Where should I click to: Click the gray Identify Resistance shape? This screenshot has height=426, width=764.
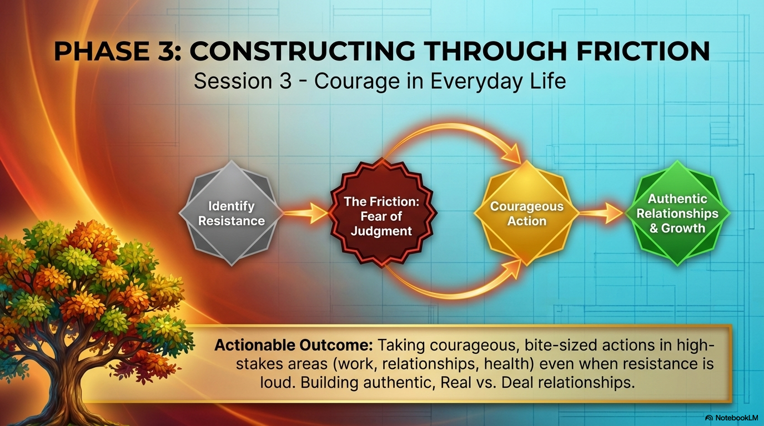pos(231,213)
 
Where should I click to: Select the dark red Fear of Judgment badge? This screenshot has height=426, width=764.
pos(382,213)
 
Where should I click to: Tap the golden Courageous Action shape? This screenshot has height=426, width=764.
pos(527,213)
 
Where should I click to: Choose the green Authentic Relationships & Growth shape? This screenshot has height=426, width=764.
pos(678,213)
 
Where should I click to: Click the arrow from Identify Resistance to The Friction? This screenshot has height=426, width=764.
pos(306,214)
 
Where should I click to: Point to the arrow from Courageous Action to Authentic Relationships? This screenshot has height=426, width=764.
pos(602,214)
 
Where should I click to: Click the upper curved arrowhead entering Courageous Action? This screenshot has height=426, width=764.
pos(511,153)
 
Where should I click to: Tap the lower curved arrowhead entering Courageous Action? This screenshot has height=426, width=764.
pos(511,270)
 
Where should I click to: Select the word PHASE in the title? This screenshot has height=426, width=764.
pos(101,51)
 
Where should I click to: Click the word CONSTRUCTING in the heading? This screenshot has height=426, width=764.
pos(302,51)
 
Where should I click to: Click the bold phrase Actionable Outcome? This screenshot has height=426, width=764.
pos(293,345)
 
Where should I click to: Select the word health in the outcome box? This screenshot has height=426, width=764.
pos(509,364)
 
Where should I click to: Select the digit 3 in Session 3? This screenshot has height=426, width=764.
pos(285,82)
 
